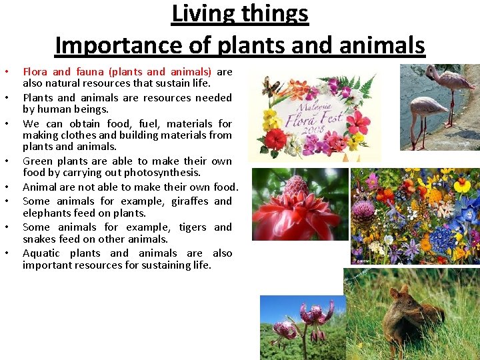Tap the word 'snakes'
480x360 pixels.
(41, 239)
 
